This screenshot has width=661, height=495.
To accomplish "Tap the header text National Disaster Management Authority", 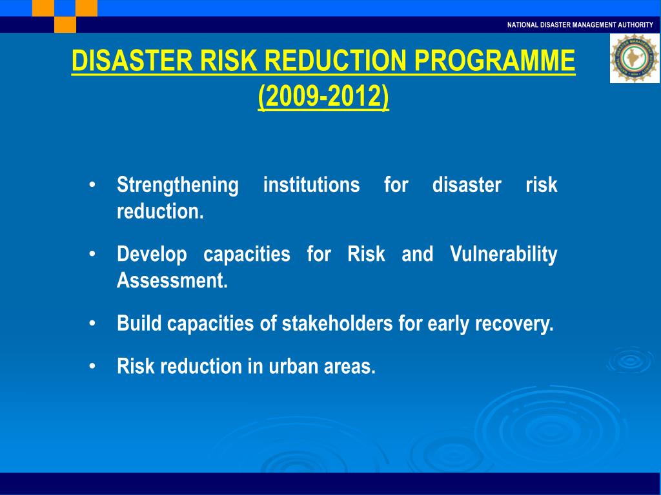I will pos(580,24).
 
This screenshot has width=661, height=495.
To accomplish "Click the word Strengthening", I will pos(178,186).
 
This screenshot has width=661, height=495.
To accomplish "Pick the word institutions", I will pos(312,186).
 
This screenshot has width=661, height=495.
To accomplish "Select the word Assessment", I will pos(172,281).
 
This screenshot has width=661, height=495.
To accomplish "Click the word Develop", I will pos(152,255).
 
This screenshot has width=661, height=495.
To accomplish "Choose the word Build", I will pos(139,324).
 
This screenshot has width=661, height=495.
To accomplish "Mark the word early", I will pos(449,324).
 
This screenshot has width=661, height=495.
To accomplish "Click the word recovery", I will pos(514,324).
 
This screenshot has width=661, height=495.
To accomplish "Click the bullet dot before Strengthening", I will pos(94,185).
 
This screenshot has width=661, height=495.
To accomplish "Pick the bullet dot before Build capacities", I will pos(94,323).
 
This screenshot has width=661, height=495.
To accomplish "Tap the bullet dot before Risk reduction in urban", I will pos(94,366).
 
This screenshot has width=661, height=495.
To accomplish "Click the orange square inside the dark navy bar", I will pos(65,24).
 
